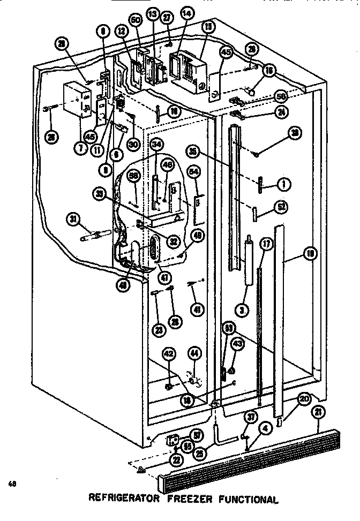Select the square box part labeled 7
point(77,100)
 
